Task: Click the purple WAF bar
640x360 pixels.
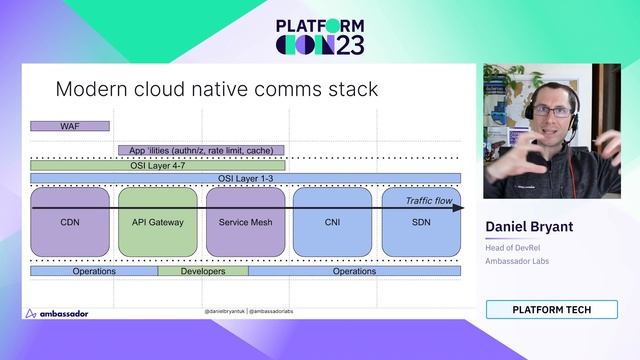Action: pos(69,126)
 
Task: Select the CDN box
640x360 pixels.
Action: pos(70,221)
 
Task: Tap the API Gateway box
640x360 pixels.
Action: pos(158,221)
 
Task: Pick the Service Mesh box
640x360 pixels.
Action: pos(246,221)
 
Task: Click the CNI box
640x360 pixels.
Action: pos(333,221)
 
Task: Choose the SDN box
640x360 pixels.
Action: pos(421,221)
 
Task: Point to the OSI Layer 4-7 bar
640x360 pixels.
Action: pos(158,165)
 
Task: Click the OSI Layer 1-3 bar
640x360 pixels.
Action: pos(246,178)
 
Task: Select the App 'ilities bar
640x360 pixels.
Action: pos(207,150)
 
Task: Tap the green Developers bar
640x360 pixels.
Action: pos(203,271)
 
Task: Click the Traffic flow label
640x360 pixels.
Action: pos(430,200)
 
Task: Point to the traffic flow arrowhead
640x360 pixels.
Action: pos(459,208)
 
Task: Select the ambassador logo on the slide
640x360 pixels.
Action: pos(57,313)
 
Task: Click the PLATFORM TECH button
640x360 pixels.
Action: pos(551,310)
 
